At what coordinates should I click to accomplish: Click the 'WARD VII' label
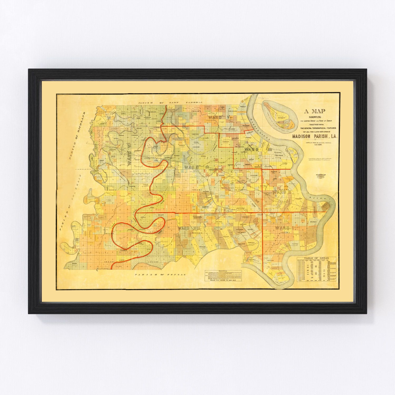tap(187, 228)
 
